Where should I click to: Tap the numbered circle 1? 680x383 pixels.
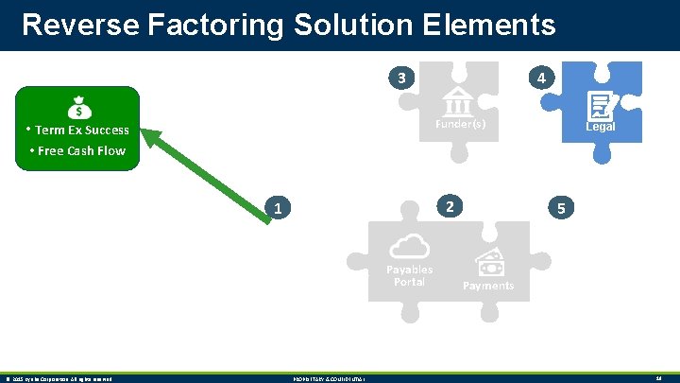(x=277, y=207)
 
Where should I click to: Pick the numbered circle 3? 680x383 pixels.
(x=402, y=77)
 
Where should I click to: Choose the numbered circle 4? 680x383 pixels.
(x=539, y=78)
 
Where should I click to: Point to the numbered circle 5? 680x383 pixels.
(x=561, y=207)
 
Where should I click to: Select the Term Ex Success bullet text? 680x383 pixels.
(x=81, y=131)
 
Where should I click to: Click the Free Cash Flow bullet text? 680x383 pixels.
(x=81, y=150)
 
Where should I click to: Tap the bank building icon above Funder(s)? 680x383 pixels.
(x=458, y=100)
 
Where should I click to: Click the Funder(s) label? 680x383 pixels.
(x=460, y=125)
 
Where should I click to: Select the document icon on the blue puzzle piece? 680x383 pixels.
(x=599, y=105)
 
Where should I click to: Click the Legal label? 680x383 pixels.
(x=600, y=127)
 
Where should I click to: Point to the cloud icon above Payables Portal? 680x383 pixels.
(x=409, y=247)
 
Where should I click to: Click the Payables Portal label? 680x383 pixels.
(x=410, y=275)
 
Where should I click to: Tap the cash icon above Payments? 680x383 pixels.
(x=488, y=263)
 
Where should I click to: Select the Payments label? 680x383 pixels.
(x=488, y=286)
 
